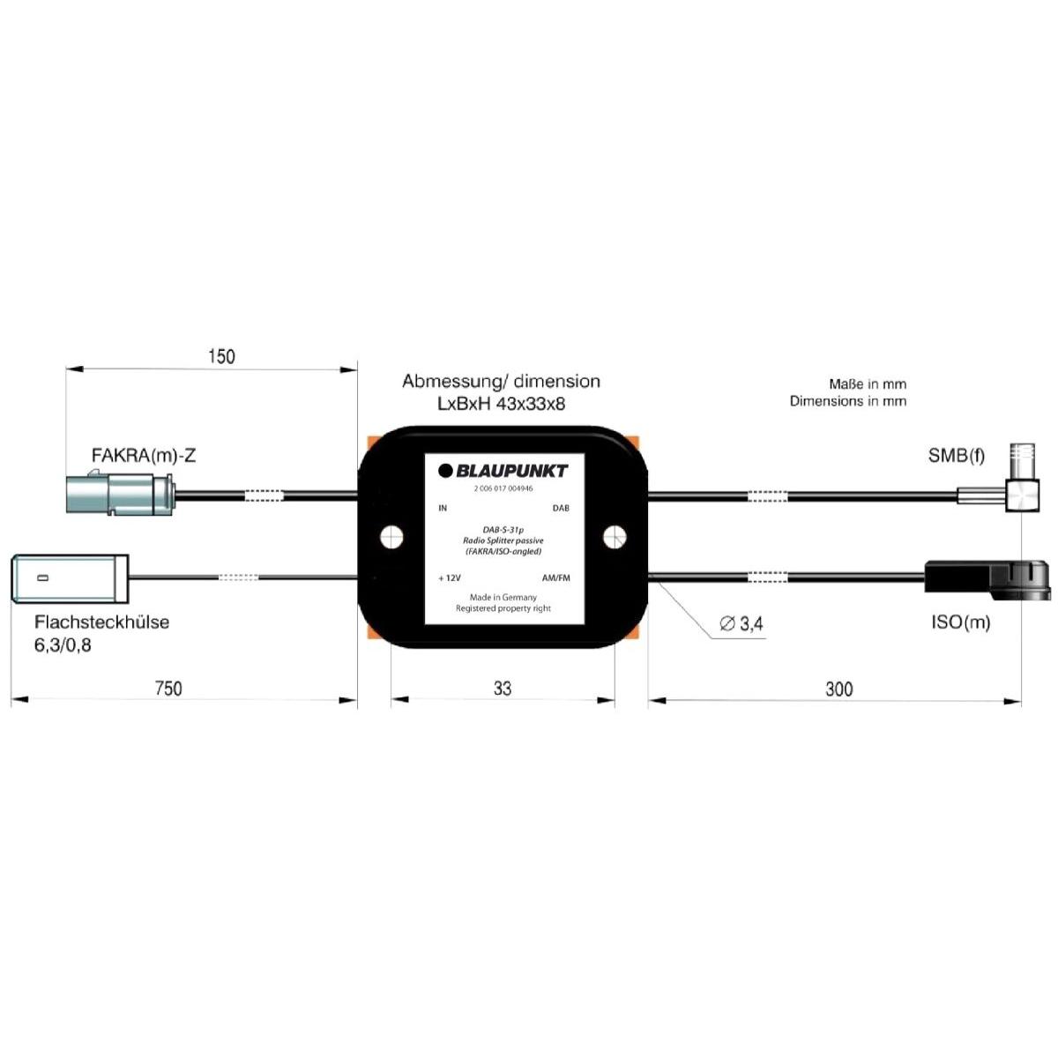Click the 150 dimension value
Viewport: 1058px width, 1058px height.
pos(221,356)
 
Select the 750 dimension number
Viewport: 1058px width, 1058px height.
pos(168,689)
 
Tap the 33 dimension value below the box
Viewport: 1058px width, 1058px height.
pos(502,689)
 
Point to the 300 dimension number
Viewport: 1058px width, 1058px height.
pos(838,689)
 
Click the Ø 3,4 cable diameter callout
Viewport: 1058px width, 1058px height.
pos(741,624)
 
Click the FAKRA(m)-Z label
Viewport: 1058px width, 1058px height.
pos(144,456)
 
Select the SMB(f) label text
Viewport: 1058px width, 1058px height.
pos(957,456)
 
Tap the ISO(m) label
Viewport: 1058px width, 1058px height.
pos(960,622)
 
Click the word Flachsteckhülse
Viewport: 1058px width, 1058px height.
pos(101,622)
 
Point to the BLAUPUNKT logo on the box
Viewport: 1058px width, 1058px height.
pos(503,471)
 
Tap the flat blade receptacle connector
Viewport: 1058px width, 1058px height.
pos(71,578)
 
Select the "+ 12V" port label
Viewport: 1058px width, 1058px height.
pos(450,578)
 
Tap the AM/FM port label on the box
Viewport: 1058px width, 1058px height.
pos(555,578)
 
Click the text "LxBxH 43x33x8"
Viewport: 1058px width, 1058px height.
pos(501,404)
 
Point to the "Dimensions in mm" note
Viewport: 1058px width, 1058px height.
pos(847,401)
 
